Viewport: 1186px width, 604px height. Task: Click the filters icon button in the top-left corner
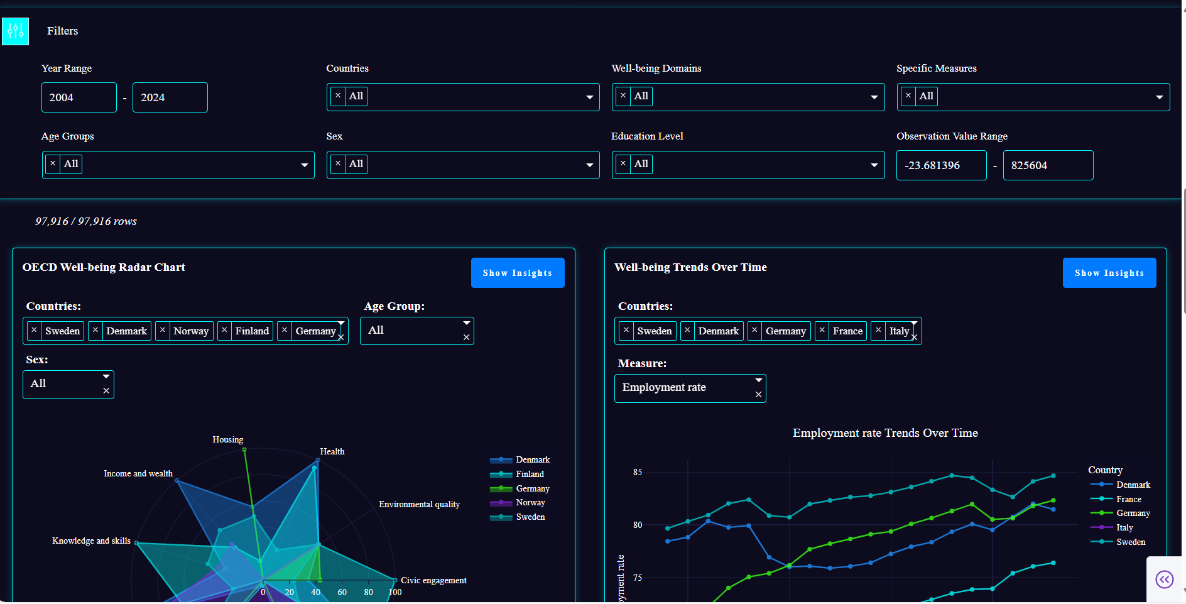tap(16, 31)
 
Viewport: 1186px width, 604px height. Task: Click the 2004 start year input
tap(79, 97)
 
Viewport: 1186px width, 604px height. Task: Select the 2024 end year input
tap(170, 97)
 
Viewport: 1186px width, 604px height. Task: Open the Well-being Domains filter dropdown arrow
tap(874, 97)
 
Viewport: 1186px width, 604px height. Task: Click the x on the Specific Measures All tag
tap(908, 96)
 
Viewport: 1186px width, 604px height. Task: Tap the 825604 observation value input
tap(1047, 165)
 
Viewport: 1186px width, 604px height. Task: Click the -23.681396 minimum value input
tap(940, 165)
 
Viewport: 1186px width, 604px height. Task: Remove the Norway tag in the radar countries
tap(163, 331)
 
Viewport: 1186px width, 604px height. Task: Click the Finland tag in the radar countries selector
tap(252, 331)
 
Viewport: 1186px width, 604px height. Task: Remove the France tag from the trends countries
tap(822, 331)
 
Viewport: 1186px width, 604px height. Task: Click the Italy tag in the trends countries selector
tap(899, 331)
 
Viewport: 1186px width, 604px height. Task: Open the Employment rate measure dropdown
tap(759, 380)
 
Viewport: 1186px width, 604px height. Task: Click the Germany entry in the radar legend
tap(532, 488)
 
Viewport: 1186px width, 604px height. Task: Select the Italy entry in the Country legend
tap(1124, 527)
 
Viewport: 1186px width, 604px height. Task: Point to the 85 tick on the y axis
tap(638, 472)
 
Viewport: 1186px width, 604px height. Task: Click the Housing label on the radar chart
tap(227, 439)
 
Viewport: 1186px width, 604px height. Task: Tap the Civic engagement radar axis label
tap(433, 580)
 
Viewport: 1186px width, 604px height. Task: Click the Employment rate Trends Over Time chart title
tap(884, 433)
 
